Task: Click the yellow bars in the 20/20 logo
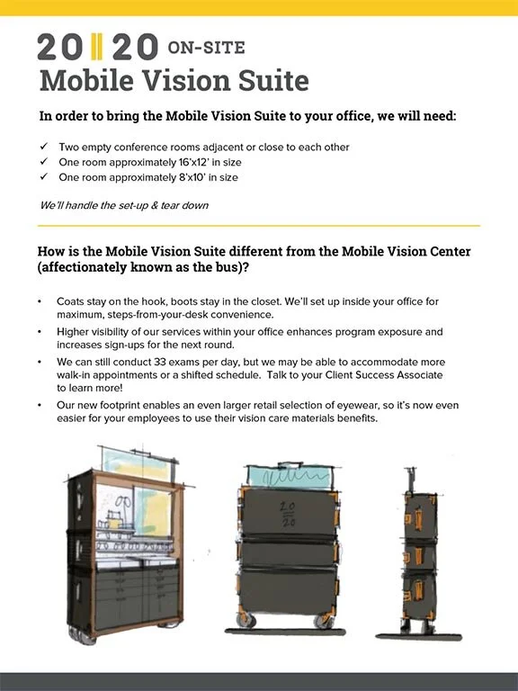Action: pos(97,46)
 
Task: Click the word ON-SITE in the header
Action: pos(205,47)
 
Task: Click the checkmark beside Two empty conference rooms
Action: pos(44,147)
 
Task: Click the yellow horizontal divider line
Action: pos(259,226)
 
